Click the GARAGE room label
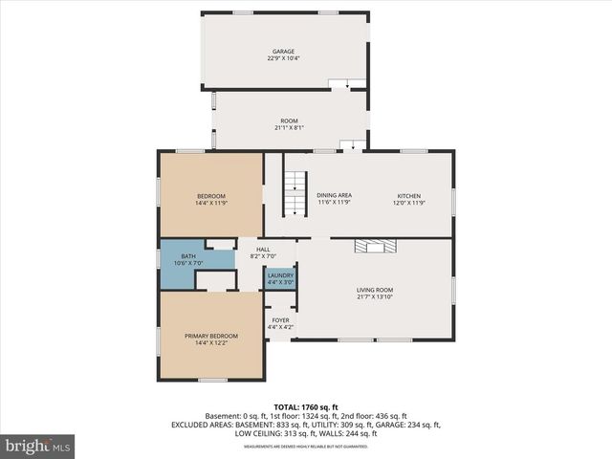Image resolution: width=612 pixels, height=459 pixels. point(282,51)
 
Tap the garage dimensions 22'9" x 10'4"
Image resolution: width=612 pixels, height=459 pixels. point(283,58)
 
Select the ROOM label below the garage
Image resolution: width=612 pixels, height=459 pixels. point(289,120)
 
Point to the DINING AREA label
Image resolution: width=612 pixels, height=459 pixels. point(334,195)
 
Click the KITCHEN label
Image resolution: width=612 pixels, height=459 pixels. point(408,195)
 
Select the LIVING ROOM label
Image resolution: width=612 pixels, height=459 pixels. point(375,290)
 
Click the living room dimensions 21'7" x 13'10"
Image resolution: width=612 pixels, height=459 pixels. point(375,296)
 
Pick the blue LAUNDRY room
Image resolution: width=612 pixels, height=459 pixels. point(280,278)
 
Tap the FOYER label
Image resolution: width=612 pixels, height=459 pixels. point(280,320)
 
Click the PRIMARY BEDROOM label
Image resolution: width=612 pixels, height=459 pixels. point(210,336)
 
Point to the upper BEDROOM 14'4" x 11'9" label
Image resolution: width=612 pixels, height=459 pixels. point(210,199)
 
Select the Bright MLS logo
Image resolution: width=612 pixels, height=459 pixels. point(38,446)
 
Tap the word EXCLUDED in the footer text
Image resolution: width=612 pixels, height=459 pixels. point(192,425)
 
